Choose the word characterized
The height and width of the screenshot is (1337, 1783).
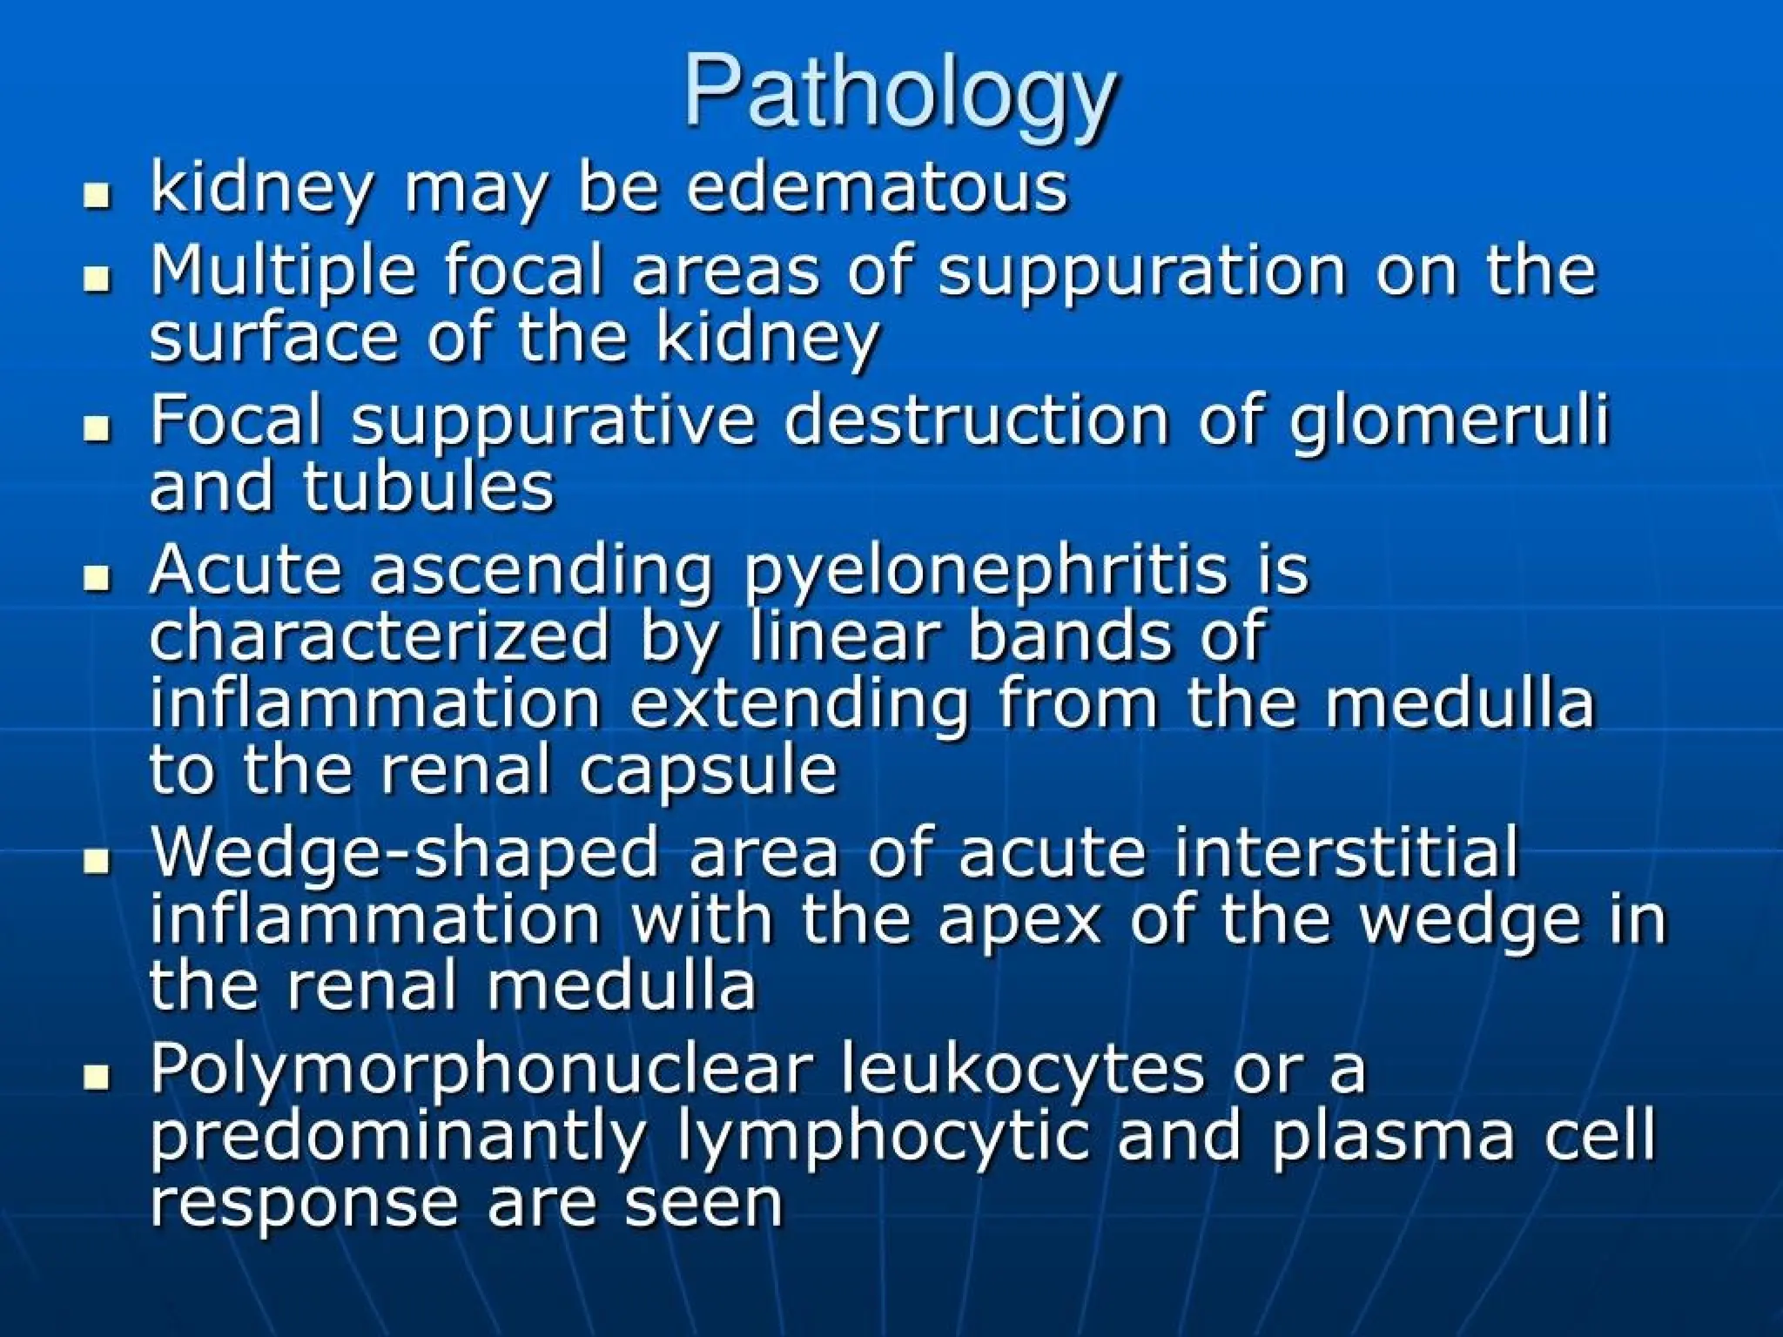(380, 637)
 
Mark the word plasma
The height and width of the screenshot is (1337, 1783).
(1392, 1137)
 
